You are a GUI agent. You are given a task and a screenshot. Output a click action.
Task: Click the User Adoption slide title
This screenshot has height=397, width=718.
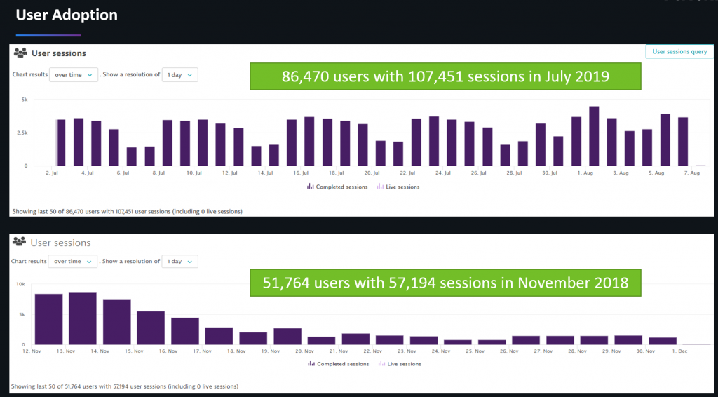[67, 15]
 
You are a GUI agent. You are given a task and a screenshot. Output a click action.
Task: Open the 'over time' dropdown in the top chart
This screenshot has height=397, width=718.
[73, 75]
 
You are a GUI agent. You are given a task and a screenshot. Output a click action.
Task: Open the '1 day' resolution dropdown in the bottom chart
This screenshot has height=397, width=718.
[179, 262]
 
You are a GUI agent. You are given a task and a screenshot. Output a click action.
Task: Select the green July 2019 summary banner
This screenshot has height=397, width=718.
[445, 76]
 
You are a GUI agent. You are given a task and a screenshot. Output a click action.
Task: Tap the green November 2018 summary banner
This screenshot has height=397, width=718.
[445, 283]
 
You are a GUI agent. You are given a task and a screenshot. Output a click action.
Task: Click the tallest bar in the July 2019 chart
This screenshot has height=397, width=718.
[594, 136]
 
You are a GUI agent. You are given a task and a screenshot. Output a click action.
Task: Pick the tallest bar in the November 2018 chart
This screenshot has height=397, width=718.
[83, 318]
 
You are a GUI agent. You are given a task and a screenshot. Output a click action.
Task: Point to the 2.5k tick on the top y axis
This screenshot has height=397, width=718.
[22, 133]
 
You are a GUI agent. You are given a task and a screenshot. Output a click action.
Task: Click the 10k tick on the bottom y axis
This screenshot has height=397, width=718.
[21, 285]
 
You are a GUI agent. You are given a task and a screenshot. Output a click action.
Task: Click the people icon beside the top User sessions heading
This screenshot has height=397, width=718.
[20, 53]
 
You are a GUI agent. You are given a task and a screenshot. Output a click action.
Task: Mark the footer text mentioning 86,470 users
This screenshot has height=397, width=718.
[127, 210]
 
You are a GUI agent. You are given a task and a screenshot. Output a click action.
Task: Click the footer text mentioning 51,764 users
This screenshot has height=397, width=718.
[124, 386]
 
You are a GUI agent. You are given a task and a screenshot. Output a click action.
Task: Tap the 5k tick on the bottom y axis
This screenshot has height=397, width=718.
[22, 315]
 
